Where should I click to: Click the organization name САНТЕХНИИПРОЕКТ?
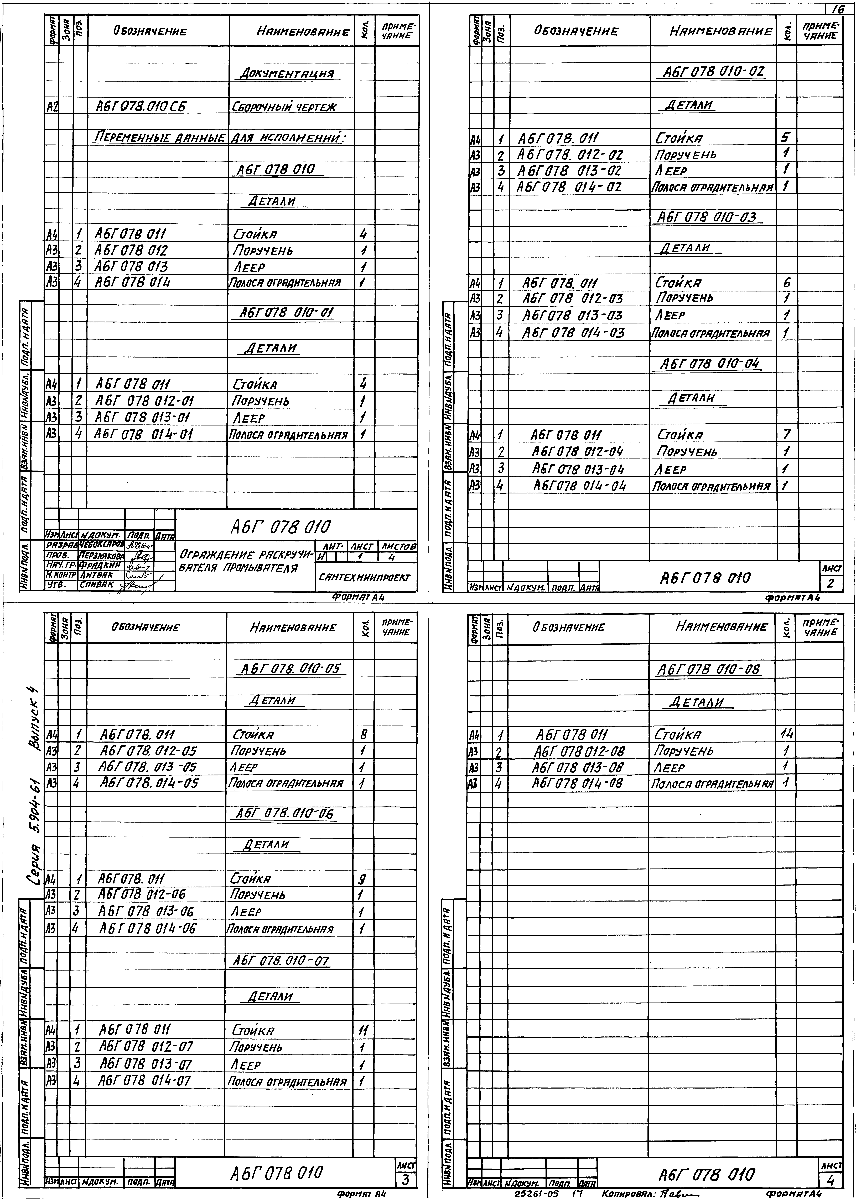click(x=364, y=577)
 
